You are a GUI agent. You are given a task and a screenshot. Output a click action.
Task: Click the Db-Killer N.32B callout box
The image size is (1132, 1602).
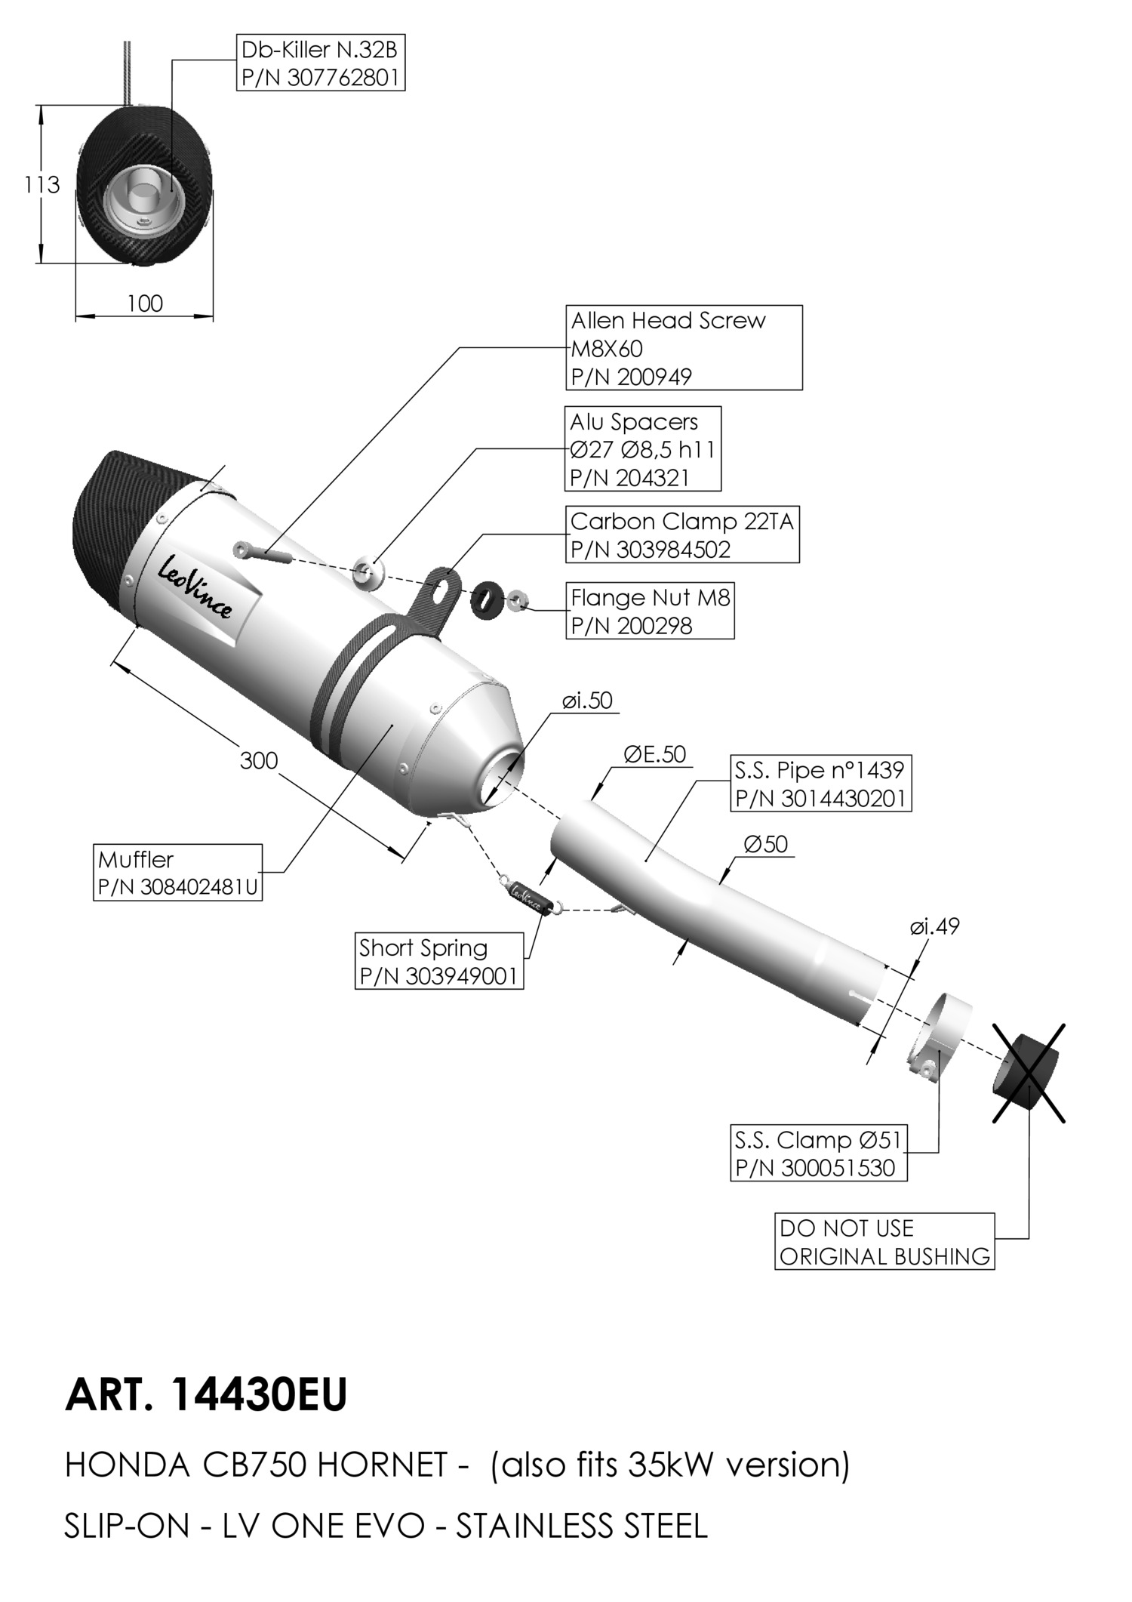(320, 63)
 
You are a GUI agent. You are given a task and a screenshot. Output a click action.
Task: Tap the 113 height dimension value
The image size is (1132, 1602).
(42, 184)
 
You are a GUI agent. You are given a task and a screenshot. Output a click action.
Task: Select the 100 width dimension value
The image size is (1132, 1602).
(145, 303)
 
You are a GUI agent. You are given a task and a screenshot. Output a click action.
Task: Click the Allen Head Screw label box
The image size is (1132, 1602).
(684, 348)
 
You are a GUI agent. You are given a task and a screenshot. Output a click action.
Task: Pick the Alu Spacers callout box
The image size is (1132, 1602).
(643, 449)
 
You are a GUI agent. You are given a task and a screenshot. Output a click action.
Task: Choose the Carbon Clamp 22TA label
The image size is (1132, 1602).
(682, 535)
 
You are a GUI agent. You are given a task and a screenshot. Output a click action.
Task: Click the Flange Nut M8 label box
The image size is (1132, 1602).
(650, 612)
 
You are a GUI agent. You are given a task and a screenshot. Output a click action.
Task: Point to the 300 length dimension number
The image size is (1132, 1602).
(259, 760)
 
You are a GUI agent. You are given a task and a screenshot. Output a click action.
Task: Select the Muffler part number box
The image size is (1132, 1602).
(178, 873)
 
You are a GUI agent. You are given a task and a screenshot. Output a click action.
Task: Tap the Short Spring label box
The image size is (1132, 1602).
(439, 961)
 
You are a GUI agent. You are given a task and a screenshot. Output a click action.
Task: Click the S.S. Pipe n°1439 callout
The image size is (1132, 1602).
(820, 784)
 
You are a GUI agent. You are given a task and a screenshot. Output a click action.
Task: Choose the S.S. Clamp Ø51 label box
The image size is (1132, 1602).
(818, 1154)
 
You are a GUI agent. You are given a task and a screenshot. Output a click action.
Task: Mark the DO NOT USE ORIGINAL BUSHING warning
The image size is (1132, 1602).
(884, 1242)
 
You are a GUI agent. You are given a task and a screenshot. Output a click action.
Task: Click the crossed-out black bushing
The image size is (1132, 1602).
(1026, 1073)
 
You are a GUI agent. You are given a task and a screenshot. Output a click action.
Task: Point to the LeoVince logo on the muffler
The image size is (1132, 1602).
(195, 588)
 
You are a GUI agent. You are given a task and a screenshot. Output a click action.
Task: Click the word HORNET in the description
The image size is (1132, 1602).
(383, 1465)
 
